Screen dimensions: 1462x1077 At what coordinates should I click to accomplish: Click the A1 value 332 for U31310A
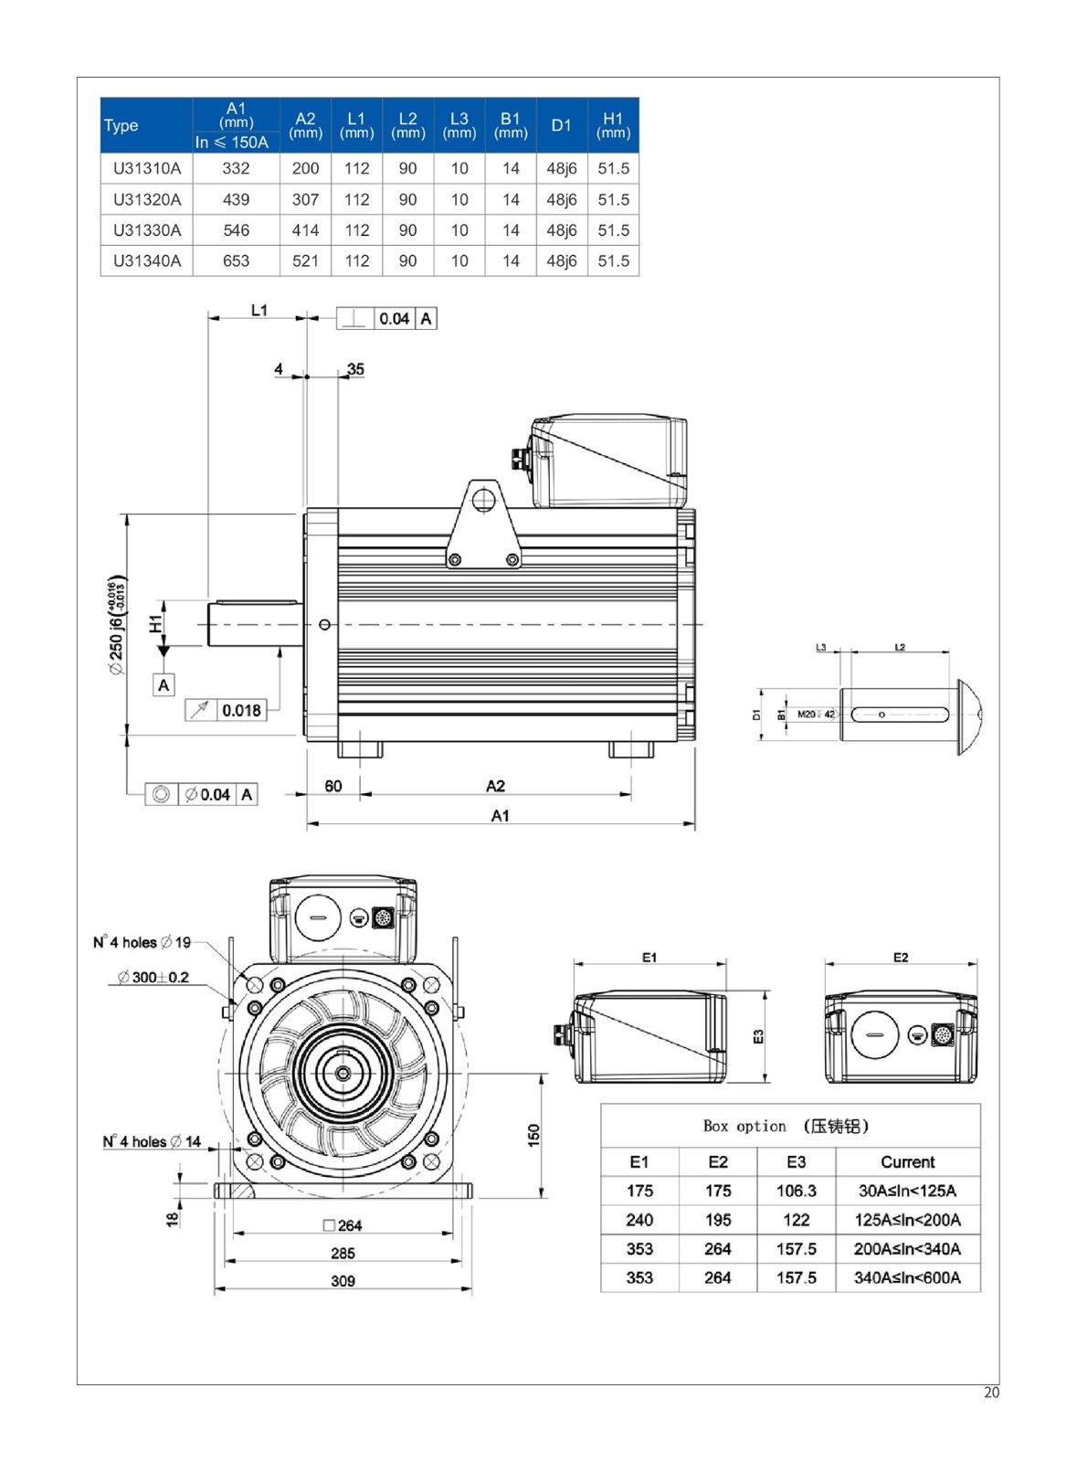coord(236,168)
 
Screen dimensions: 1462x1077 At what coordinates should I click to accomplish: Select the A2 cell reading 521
coord(305,260)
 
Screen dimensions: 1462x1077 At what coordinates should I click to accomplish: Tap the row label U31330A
coord(147,230)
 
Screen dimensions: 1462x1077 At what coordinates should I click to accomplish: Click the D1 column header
coord(561,125)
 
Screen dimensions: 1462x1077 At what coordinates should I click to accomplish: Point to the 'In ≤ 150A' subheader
coord(232,143)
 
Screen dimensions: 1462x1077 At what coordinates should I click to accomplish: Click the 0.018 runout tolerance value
coord(241,710)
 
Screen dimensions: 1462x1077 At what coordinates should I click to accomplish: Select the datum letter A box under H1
coord(164,685)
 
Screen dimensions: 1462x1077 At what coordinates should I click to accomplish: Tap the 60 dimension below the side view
coord(333,786)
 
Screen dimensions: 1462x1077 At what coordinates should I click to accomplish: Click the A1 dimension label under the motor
coord(500,815)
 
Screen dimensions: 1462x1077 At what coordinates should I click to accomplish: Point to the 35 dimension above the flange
coord(355,369)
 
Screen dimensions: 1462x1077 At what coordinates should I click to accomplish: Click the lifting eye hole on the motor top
coord(482,500)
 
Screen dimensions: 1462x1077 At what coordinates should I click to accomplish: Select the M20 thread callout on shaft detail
coord(816,715)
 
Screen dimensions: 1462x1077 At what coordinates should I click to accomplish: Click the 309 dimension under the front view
coord(343,1281)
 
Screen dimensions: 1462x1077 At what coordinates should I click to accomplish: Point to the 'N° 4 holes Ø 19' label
coord(143,942)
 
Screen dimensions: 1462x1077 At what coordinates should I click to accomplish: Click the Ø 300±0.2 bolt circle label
coord(153,977)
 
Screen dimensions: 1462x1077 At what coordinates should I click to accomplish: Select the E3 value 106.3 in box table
coord(796,1191)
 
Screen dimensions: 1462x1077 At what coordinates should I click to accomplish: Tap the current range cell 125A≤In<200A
coord(907,1220)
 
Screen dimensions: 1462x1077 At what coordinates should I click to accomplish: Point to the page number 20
coord(991,1393)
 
